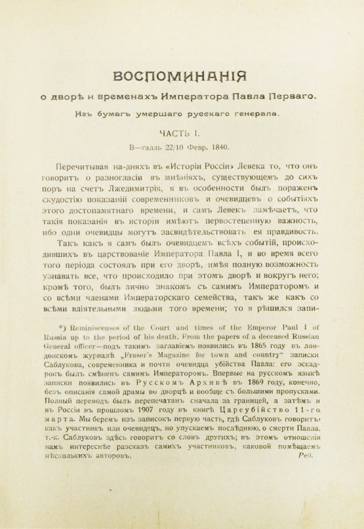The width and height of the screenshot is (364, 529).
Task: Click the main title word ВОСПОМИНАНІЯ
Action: coord(181,76)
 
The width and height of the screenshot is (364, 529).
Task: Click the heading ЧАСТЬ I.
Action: coord(182,134)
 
